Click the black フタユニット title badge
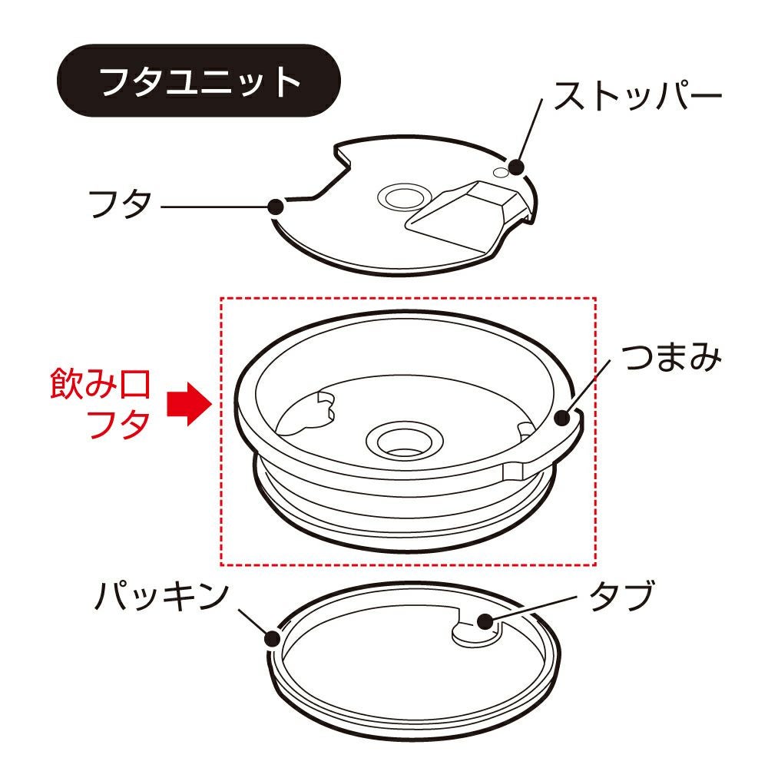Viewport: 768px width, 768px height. [198, 81]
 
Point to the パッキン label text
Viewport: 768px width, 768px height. [161, 596]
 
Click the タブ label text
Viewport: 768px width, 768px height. [623, 596]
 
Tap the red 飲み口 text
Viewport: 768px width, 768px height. [100, 384]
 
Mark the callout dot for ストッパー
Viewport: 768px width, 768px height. [516, 167]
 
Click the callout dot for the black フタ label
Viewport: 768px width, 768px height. [276, 207]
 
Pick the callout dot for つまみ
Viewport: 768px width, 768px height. [562, 419]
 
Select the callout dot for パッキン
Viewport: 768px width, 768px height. [273, 639]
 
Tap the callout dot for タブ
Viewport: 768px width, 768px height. [485, 621]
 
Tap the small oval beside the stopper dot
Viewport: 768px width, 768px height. [501, 172]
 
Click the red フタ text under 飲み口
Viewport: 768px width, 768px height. [118, 424]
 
